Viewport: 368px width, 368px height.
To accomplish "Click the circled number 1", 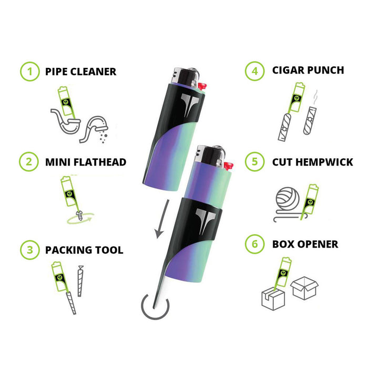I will [x=29, y=71].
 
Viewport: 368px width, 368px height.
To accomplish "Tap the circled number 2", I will [x=29, y=162].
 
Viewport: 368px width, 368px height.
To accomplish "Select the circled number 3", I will [x=29, y=249].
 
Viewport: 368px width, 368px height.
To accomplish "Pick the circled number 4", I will [x=255, y=70].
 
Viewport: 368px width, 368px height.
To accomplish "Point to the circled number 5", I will [x=255, y=162].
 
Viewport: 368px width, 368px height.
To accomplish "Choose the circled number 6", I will [x=255, y=244].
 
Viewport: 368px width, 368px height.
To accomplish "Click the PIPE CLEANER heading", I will [x=80, y=71].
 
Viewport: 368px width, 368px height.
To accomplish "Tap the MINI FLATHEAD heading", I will [x=86, y=162].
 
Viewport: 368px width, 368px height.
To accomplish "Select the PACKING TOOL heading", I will [x=84, y=249].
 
